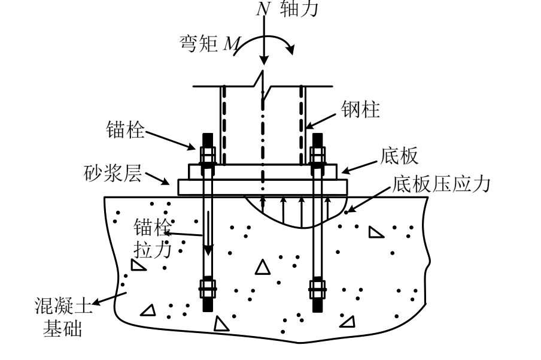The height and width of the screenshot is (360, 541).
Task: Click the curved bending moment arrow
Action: (263, 44)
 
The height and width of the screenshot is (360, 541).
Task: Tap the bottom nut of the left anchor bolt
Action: (207, 289)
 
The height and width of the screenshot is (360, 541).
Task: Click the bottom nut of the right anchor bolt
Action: (317, 289)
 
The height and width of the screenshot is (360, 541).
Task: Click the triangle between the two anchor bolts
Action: (262, 267)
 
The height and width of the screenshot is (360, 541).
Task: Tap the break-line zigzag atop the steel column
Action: (263, 81)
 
